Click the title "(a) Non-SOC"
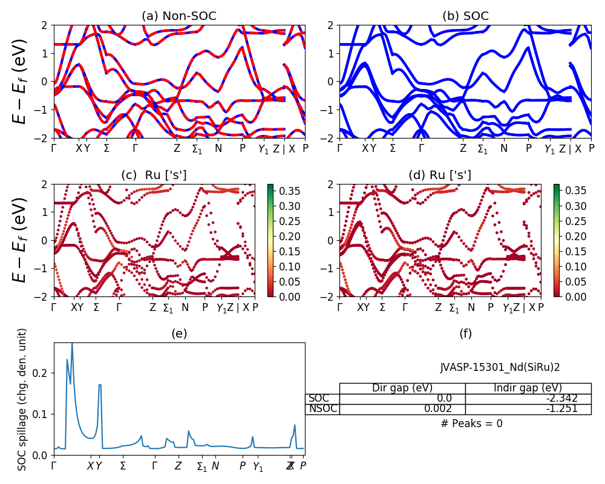click(179, 16)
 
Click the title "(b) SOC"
click(465, 16)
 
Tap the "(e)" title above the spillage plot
click(179, 333)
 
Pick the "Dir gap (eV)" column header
click(402, 388)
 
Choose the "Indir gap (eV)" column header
click(528, 388)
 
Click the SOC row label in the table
click(319, 399)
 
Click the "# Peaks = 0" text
click(471, 423)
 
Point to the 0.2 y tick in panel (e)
click(42, 373)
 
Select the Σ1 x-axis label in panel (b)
click(482, 149)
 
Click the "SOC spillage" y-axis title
click(22, 399)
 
